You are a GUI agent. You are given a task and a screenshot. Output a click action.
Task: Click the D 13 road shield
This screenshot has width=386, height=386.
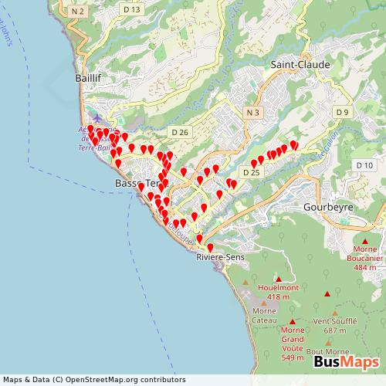point(131,9)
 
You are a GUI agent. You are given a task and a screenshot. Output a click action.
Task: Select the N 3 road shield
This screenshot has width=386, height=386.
point(252,113)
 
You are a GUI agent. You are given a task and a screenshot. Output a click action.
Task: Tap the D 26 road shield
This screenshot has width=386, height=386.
point(180,132)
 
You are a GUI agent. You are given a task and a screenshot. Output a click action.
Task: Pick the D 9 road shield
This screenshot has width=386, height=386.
point(343,113)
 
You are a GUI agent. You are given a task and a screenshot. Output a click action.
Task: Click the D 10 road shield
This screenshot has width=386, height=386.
point(364,165)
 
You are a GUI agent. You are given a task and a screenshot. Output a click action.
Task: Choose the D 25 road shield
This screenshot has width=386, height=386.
point(250,173)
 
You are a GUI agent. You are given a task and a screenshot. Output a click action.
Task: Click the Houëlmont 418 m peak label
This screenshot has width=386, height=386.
point(278,291)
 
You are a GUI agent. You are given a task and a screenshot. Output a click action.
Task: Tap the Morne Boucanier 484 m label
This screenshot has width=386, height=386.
point(365,259)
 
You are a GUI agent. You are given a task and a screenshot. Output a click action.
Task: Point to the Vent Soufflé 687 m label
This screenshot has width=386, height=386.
point(335,325)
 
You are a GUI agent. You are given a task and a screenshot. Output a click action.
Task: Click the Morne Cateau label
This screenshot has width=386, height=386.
point(264,316)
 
